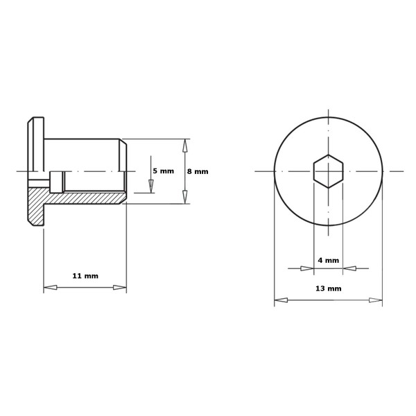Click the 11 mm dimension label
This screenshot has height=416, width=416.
[85, 276]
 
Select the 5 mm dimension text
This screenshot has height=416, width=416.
[163, 171]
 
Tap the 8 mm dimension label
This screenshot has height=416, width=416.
[198, 171]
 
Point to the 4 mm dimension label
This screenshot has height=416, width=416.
[329, 260]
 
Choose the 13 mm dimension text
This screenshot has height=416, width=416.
[329, 288]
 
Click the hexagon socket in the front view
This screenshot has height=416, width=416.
[329, 171]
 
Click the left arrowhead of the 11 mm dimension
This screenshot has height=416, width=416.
[50, 287]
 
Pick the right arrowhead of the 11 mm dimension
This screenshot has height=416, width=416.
[120, 287]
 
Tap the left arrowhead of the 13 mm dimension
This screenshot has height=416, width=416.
[281, 300]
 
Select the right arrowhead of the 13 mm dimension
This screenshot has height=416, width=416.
[376, 300]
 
